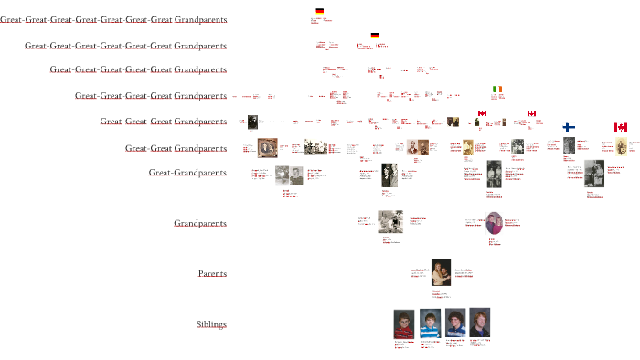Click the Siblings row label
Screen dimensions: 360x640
211,324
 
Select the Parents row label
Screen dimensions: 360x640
212,273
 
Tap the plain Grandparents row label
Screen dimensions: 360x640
200,223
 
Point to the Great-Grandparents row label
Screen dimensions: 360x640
187,172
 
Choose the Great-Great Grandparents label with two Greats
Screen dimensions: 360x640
176,148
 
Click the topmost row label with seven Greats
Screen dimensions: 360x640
113,19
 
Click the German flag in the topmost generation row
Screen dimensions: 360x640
319,11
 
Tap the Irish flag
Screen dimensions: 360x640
497,90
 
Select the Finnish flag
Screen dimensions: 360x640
568,128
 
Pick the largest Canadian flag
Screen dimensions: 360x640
620,127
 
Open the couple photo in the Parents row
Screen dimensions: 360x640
441,272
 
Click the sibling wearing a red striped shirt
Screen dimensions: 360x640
404,324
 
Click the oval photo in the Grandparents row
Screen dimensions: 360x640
495,223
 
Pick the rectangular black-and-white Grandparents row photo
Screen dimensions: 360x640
389,222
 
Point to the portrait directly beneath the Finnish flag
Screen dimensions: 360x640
569,147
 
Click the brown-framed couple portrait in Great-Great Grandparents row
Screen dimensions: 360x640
268,148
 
